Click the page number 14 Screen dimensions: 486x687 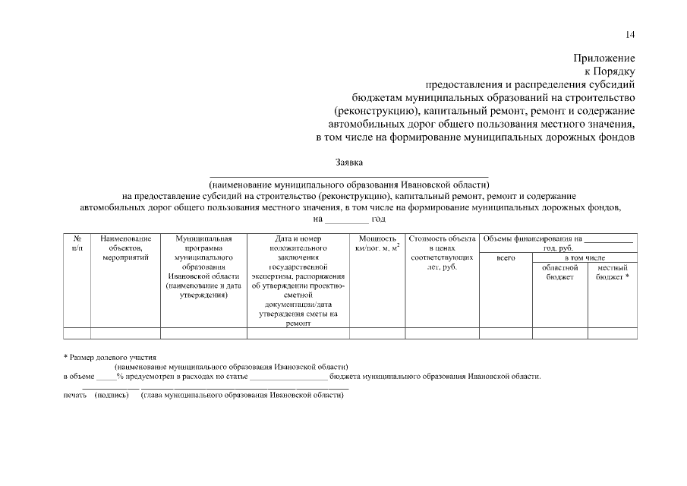[x=630, y=35]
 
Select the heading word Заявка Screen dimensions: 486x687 [x=349, y=162]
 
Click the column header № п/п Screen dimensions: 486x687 [x=77, y=243]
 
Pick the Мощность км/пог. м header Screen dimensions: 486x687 [x=377, y=243]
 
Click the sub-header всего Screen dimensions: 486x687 [x=506, y=258]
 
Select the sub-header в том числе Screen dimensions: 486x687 [x=585, y=258]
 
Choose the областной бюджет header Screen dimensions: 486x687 [x=560, y=273]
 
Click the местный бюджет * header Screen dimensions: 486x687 [x=613, y=273]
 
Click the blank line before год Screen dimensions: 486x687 [x=345, y=220]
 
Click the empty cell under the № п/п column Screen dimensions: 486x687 [x=77, y=333]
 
